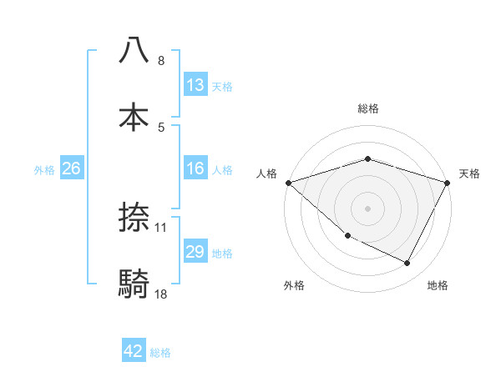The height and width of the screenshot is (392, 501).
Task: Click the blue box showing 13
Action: point(195,85)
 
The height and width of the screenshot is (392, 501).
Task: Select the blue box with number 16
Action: point(195,168)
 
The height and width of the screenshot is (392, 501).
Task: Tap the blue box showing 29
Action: point(195,252)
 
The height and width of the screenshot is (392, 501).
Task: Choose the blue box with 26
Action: point(71,168)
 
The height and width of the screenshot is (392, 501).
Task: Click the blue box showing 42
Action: point(134,351)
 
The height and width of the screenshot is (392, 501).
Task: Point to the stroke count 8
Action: point(161,61)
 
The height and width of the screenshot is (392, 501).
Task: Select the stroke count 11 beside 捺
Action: point(161,226)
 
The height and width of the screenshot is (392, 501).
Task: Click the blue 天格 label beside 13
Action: point(221,86)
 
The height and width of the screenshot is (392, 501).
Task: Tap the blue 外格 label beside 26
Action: point(44,169)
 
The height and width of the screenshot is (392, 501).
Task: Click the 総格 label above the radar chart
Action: point(367,108)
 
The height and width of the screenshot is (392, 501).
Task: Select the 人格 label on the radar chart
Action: point(267,173)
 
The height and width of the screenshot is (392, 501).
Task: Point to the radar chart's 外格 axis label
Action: point(294,285)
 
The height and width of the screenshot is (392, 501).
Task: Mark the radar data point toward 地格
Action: point(407,264)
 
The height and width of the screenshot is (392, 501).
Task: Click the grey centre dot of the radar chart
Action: point(367,208)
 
